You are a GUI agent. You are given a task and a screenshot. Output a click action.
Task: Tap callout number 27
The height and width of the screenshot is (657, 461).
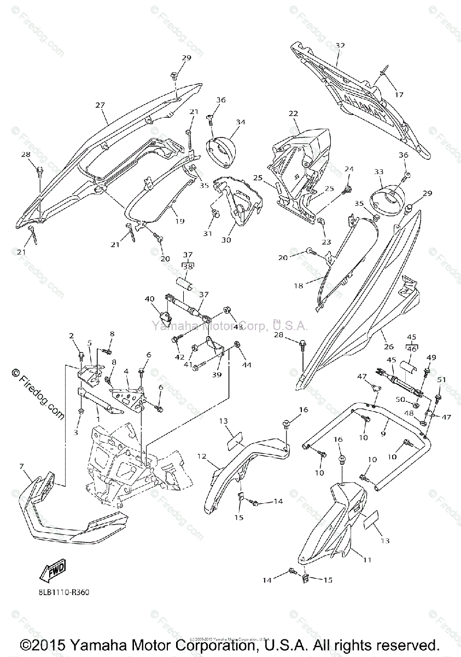100,105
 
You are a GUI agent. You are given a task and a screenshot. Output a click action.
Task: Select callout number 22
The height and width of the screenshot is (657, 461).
293,113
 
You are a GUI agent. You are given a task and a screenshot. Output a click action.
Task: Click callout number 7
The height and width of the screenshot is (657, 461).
21,466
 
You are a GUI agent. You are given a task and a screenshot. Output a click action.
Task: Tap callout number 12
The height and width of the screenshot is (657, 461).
202,456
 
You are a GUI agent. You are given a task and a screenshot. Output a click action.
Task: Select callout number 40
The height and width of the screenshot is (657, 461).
149,299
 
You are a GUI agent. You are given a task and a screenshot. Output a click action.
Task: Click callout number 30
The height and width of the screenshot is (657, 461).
226,239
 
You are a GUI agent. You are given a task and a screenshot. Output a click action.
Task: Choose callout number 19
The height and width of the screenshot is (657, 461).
179,221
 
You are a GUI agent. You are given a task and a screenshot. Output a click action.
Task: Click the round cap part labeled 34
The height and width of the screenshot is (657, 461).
219,147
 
